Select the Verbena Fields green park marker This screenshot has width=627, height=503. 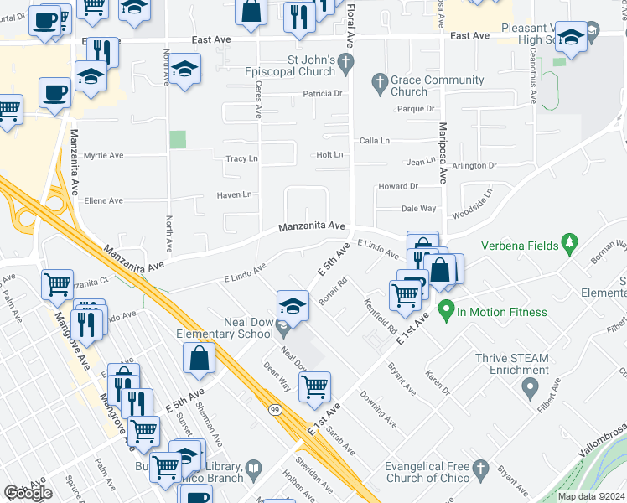coord(571,243)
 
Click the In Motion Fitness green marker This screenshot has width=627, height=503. coord(446,312)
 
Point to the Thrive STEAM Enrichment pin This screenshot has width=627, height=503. coord(530,388)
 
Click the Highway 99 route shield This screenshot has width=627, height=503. coord(275,408)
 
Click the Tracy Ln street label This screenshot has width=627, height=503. coord(241,158)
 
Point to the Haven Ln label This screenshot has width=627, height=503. coord(235,195)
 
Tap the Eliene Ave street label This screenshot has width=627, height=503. coord(104,201)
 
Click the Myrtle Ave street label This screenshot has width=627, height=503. coord(104,156)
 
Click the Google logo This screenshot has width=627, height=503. coord(28,493)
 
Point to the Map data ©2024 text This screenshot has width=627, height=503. coord(590,496)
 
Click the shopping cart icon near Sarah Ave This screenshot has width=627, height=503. coord(314,386)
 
